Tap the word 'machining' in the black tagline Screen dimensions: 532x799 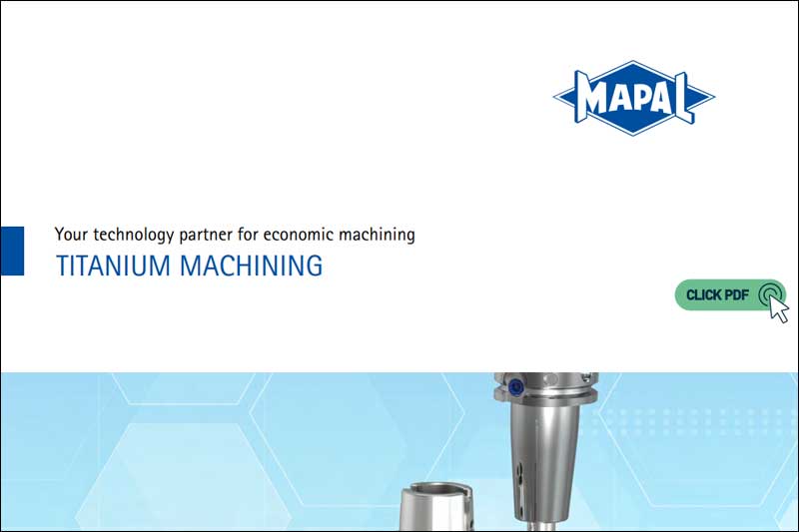click(378, 236)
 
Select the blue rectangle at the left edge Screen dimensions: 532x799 click(12, 251)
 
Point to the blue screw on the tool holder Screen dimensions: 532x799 click(514, 387)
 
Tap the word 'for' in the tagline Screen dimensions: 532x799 click(256, 236)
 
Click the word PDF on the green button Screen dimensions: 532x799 click(735, 295)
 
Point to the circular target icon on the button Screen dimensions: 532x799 click(768, 294)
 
